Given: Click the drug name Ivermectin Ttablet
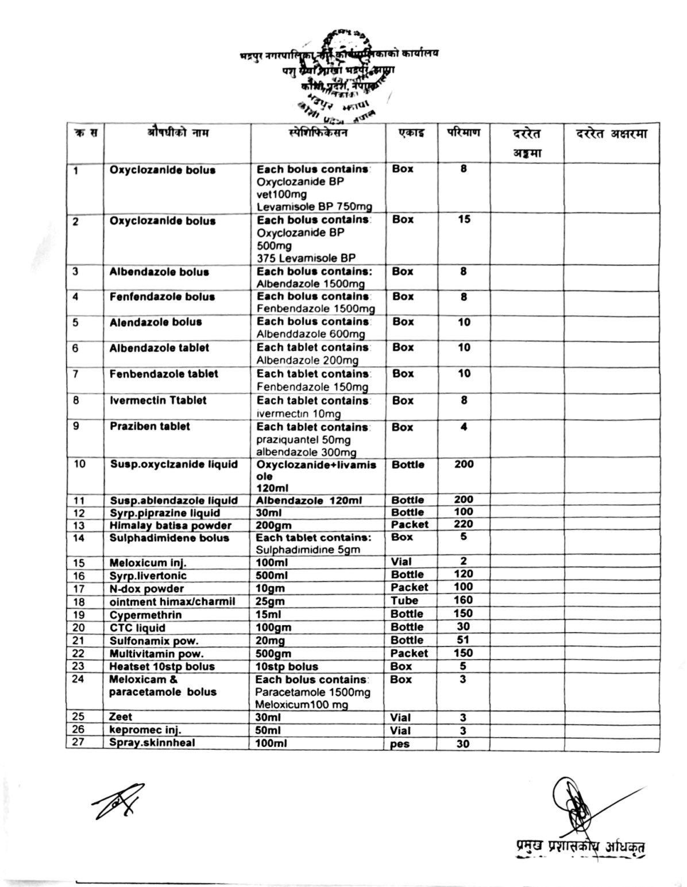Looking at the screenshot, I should (158, 400).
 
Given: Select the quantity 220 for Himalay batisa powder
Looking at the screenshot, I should (464, 524).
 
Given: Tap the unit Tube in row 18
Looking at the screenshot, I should (404, 601).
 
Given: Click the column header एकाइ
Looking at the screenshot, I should (411, 133).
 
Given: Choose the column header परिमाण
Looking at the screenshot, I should (464, 133).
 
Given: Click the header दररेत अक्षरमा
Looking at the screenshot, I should (611, 134).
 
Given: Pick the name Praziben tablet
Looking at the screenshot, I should (149, 427).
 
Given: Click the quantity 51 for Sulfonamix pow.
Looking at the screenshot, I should (464, 640).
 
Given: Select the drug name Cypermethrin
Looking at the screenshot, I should (145, 615).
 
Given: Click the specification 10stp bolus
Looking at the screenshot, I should (287, 667).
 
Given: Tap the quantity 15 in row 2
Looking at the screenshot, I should (464, 219).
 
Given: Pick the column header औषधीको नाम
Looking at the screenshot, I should (177, 133).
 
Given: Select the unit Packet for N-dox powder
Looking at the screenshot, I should (409, 587).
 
